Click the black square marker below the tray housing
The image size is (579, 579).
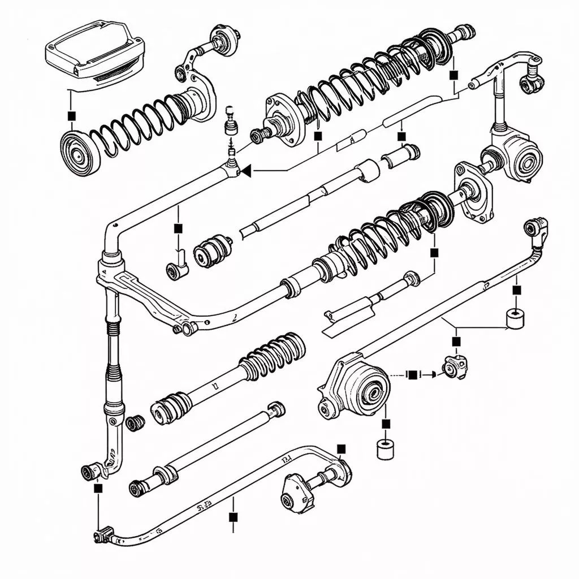[71, 115]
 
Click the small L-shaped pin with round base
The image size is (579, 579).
[178, 268]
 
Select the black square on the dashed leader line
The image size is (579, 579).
[413, 374]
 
